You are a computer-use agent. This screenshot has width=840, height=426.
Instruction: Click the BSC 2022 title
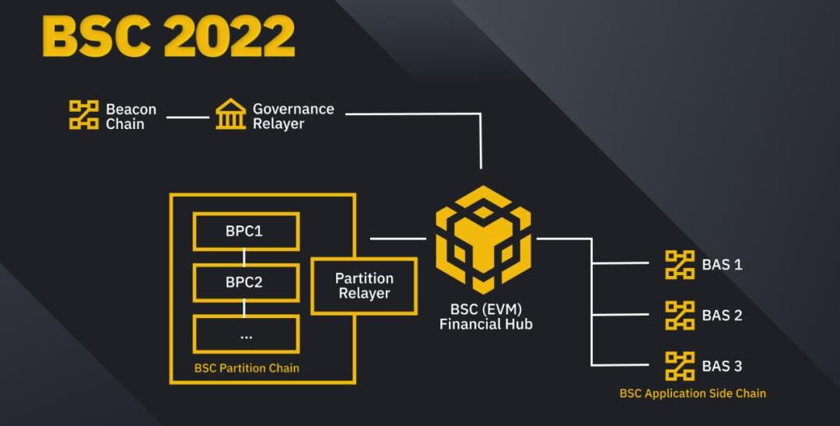pos(169,37)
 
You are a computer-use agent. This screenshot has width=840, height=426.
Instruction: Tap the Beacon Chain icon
pos(84,115)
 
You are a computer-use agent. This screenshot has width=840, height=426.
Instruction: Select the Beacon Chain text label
pos(131,117)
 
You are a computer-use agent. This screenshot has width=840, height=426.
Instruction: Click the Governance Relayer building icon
pos(231,113)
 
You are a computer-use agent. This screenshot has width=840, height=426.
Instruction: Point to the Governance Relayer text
pos(293,116)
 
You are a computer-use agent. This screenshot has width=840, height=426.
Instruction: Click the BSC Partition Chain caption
pos(247,368)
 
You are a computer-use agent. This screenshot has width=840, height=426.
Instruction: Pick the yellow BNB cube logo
pos(483,239)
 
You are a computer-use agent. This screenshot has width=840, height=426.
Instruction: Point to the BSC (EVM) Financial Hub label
pos(486,316)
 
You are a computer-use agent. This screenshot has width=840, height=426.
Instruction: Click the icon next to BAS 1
pos(680,264)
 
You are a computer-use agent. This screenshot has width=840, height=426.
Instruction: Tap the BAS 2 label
pos(722,315)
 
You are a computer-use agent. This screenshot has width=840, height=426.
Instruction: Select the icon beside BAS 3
pos(680,366)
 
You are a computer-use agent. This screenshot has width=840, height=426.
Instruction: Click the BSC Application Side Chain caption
pos(693,393)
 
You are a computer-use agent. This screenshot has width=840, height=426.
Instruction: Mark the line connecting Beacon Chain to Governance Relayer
pos(187,117)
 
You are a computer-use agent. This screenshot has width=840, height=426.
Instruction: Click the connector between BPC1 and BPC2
pos(244,257)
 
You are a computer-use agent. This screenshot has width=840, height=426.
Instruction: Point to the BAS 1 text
pos(722,264)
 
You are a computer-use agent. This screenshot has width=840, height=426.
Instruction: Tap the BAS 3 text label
pos(722,366)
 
